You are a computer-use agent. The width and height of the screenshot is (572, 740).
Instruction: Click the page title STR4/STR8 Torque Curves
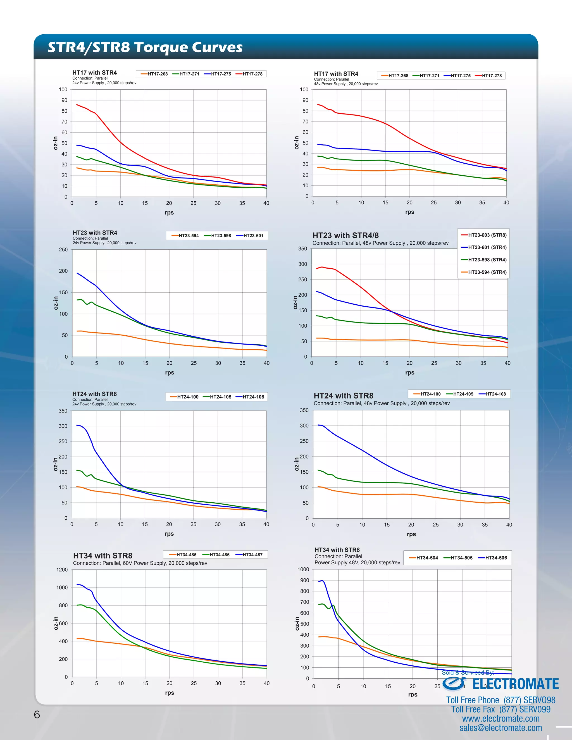click(145, 47)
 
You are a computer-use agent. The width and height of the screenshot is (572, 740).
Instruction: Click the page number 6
click(37, 714)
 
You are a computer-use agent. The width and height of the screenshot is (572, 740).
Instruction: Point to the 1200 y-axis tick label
click(62, 570)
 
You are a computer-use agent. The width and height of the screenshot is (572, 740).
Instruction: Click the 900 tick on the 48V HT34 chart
click(304, 581)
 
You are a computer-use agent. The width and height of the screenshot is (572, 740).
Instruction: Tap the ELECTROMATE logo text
click(515, 684)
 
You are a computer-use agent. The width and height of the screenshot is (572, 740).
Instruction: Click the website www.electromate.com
click(500, 719)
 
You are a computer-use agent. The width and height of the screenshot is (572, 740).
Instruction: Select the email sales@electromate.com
click(500, 728)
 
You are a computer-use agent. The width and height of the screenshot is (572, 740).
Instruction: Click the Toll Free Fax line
click(500, 710)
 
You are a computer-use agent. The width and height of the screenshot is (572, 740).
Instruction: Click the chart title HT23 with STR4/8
click(345, 235)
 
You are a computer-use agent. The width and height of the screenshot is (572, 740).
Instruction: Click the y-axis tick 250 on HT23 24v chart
click(63, 250)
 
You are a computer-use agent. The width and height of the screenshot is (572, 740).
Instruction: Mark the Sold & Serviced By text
click(468, 673)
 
